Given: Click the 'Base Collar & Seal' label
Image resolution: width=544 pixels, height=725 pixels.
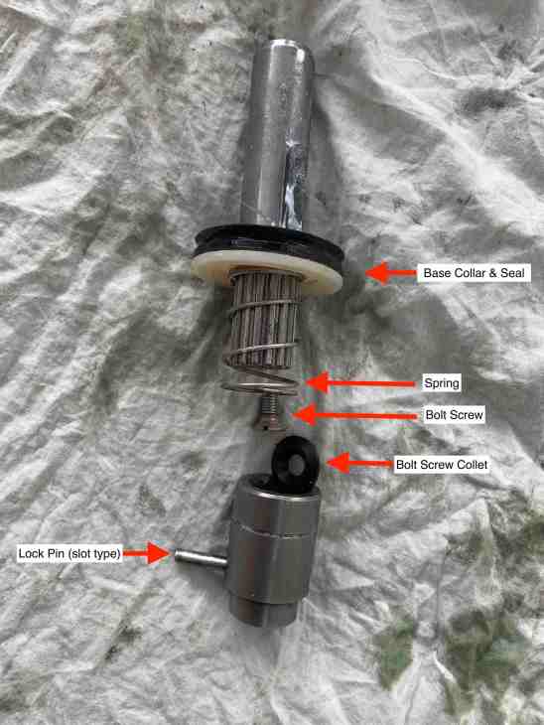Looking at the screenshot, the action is point(474,273).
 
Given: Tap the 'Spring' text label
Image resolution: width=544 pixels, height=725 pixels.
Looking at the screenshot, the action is point(442,383).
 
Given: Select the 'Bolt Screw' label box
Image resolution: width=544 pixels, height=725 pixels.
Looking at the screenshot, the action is point(455,415).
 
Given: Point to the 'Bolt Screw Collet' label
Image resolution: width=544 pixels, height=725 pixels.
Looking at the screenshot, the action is point(442,464).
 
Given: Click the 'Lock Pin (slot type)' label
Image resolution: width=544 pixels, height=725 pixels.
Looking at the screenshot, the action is point(69,553).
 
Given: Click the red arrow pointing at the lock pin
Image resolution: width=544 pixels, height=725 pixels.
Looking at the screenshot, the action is point(147,553).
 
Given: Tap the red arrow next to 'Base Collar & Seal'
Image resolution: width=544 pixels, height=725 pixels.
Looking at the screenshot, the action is point(391,273).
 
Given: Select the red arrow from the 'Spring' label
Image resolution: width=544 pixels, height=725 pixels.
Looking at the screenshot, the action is point(361,382).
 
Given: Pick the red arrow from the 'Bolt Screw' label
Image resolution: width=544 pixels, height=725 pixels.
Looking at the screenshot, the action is point(355,414).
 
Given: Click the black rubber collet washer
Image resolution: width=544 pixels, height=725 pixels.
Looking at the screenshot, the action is point(295,464).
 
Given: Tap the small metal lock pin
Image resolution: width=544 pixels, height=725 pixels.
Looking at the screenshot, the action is point(202,558).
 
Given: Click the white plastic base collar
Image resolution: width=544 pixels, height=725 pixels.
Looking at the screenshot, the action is point(267,272).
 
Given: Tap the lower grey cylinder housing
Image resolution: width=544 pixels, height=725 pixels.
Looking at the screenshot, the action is point(272,550).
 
